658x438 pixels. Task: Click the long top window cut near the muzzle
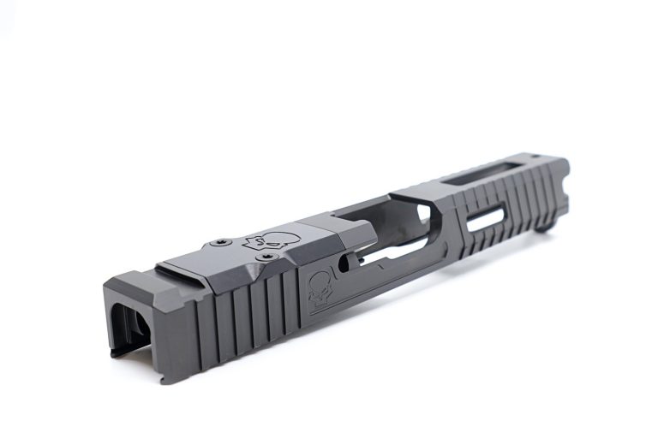pos(493,176)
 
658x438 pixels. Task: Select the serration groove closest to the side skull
pos(292,299)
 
